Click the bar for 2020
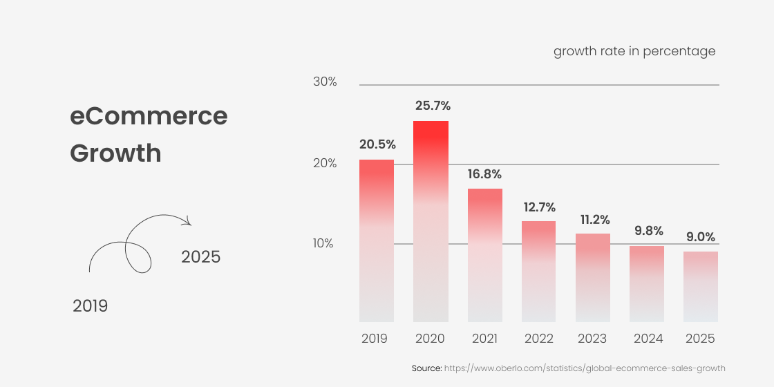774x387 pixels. tap(431, 221)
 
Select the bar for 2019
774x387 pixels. tap(377, 240)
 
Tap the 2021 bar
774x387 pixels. tap(485, 255)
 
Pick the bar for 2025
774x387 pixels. tap(701, 286)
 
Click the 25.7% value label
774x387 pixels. tap(433, 106)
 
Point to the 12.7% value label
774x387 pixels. tap(539, 207)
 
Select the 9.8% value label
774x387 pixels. tap(648, 231)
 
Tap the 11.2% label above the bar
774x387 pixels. tap(594, 220)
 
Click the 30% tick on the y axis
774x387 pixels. tap(325, 82)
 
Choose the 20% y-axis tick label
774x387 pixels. tap(325, 163)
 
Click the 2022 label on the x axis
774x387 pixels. tap(539, 339)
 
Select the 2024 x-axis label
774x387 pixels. tap(648, 339)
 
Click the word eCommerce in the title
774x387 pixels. tap(149, 115)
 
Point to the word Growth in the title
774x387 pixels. tap(115, 153)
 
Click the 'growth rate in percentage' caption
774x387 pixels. tap(634, 52)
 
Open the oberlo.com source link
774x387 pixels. tap(585, 368)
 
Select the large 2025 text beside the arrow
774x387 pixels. tap(200, 257)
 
